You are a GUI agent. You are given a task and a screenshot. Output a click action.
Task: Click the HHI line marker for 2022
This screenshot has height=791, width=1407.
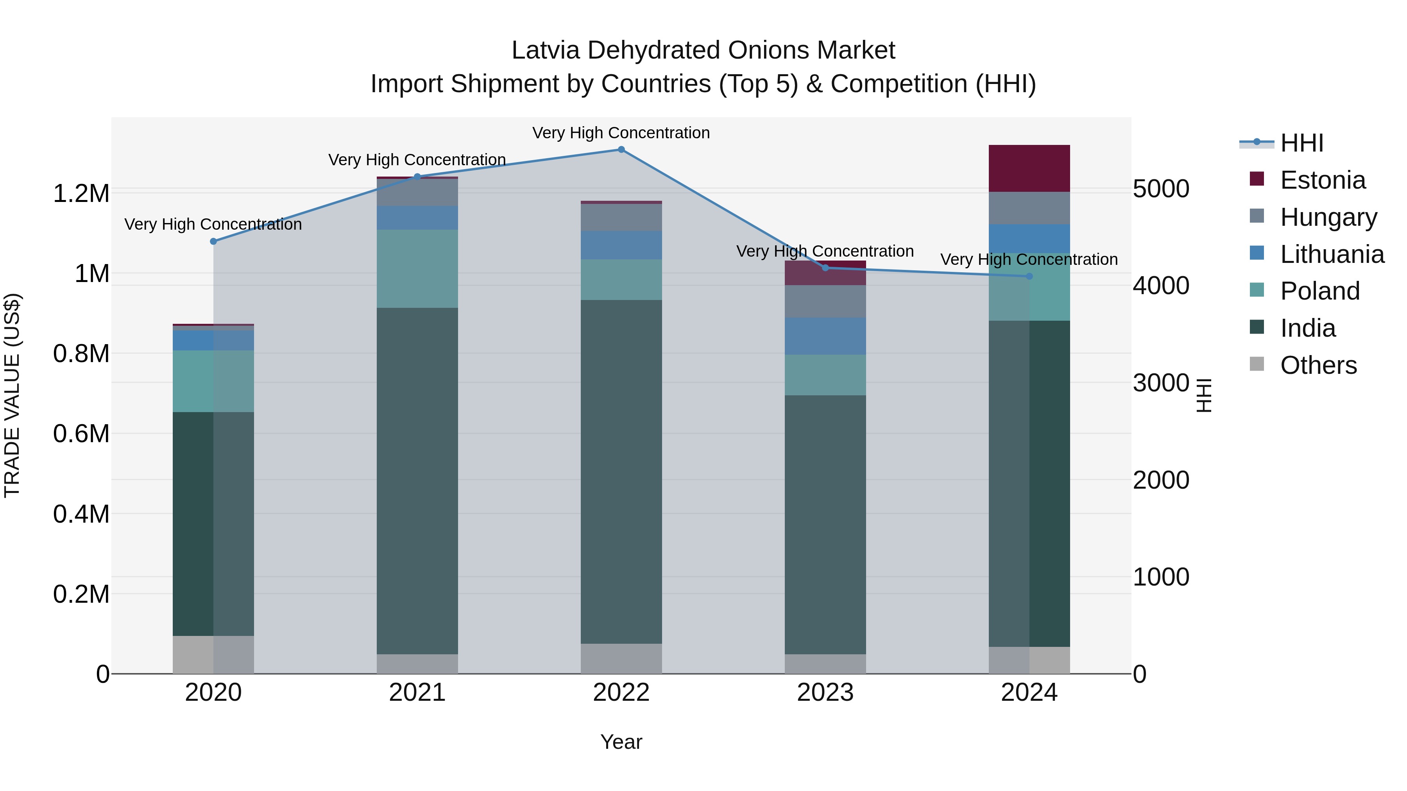(621, 150)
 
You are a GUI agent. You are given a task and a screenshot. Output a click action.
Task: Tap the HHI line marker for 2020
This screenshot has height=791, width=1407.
(213, 241)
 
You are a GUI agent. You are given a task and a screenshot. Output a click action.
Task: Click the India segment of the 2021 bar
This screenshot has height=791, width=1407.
(417, 480)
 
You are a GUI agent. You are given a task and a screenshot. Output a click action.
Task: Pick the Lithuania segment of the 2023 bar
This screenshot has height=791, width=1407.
(825, 336)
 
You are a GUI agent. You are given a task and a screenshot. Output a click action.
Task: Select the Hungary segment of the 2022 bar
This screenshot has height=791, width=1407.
(621, 217)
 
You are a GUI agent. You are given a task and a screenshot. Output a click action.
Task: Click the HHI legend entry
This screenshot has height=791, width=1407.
(1301, 143)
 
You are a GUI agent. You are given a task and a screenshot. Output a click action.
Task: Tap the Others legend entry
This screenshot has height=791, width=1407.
(1318, 365)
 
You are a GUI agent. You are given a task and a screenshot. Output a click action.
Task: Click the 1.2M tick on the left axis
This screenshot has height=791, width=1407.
(81, 194)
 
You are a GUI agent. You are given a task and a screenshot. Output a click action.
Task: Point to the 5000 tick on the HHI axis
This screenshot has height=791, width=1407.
(1161, 189)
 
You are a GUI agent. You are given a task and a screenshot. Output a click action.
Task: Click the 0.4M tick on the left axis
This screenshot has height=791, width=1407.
(81, 514)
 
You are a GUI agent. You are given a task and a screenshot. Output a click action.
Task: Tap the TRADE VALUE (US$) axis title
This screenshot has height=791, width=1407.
(12, 395)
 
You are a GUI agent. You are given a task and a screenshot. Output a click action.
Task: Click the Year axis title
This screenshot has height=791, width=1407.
(621, 742)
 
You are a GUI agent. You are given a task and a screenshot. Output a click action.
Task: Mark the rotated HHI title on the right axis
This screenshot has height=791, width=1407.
(1204, 395)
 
